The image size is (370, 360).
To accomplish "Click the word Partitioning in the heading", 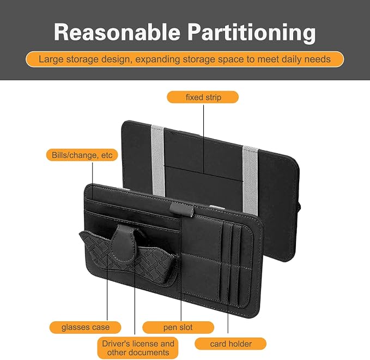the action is pyautogui.click(x=252, y=33).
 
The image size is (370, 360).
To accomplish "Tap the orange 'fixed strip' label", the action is pyautogui.click(x=203, y=97).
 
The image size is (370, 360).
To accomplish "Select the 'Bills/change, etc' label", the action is pyautogui.click(x=82, y=155).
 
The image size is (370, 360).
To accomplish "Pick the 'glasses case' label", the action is pyautogui.click(x=85, y=327).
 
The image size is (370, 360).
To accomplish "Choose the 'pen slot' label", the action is pyautogui.click(x=178, y=327).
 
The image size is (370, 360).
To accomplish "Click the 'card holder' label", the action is pyautogui.click(x=231, y=344).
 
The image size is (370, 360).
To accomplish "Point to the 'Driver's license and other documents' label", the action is pyautogui.click(x=138, y=347).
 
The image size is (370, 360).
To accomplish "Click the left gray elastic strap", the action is pyautogui.click(x=158, y=160).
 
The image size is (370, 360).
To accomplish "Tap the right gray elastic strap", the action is pyautogui.click(x=251, y=180).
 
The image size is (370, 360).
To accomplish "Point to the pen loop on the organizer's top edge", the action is pyautogui.click(x=181, y=209).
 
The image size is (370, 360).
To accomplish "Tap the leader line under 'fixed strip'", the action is pyautogui.click(x=204, y=139).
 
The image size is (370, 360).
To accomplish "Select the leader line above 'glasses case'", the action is pyautogui.click(x=107, y=286).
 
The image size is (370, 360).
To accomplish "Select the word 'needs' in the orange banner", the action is pyautogui.click(x=318, y=59).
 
